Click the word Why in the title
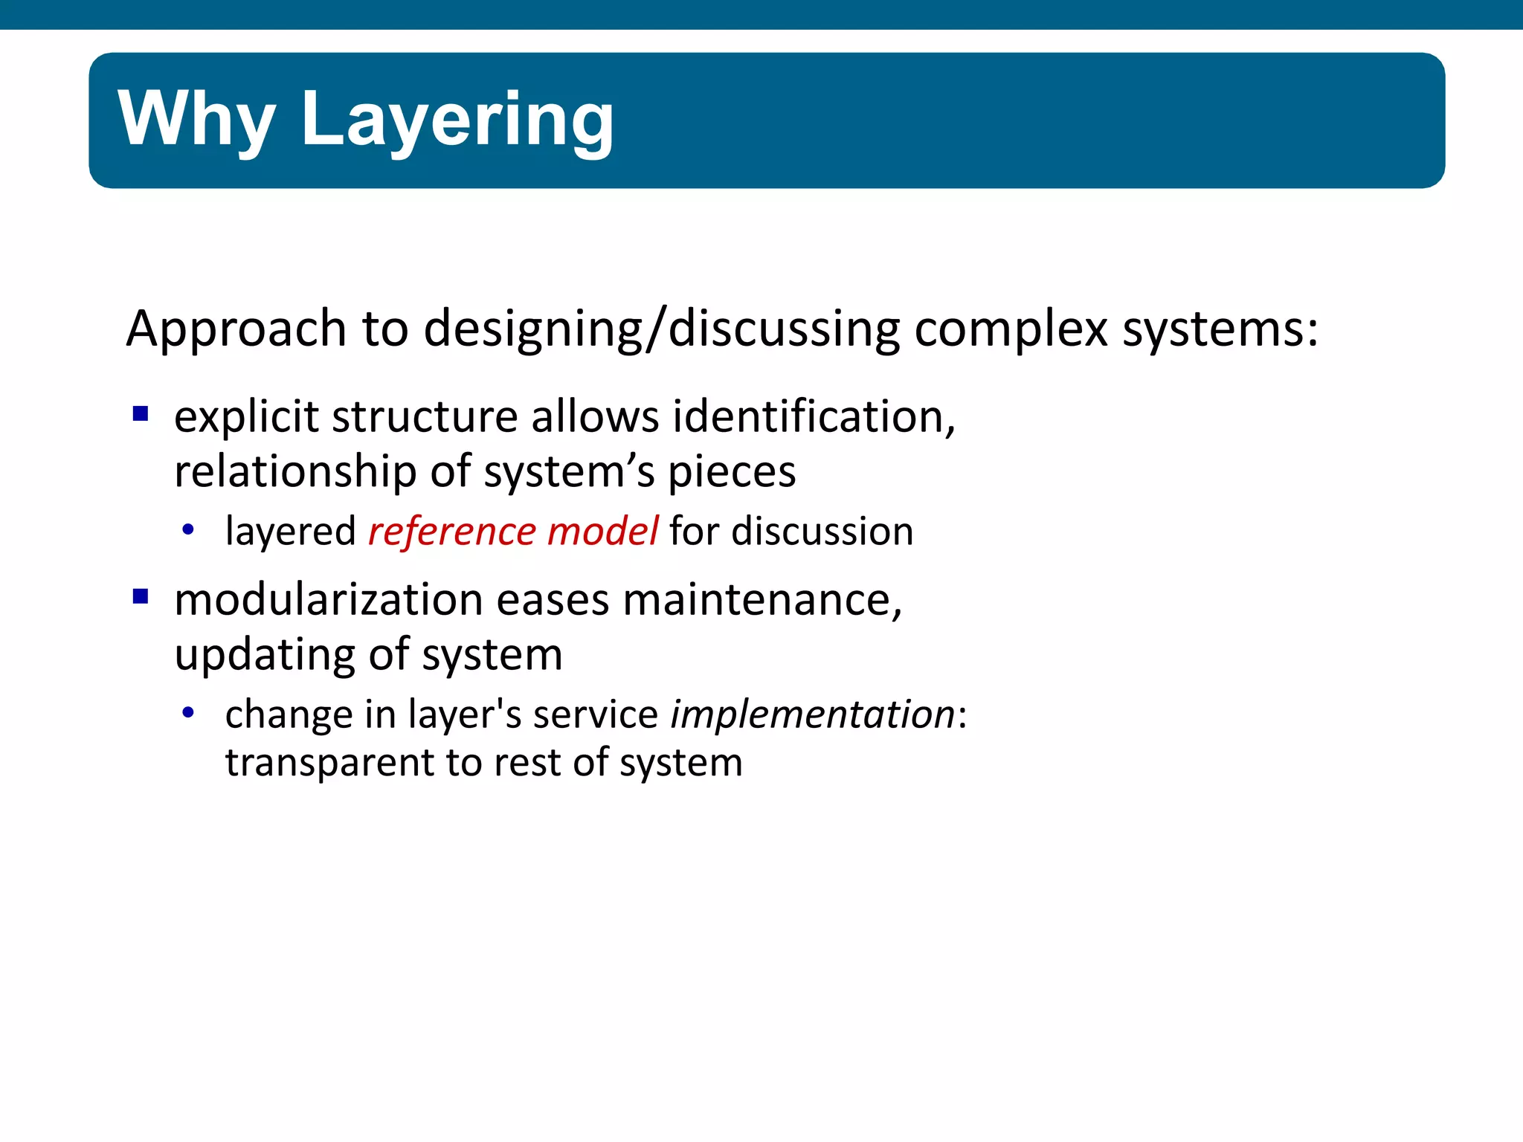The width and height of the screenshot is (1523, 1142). [x=196, y=119]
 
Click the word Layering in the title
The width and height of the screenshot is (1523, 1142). [x=457, y=119]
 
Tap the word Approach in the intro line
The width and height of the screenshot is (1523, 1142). [x=236, y=329]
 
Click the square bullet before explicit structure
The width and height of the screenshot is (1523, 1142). [x=141, y=413]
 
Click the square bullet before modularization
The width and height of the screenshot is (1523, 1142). [x=141, y=596]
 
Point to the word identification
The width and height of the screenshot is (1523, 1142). [x=814, y=416]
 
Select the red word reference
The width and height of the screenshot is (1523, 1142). [x=452, y=532]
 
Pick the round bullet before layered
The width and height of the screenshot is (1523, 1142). [x=188, y=530]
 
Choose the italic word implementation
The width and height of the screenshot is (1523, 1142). [x=812, y=715]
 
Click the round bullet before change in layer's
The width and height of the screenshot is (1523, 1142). [x=188, y=713]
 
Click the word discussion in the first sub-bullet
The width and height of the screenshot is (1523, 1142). [x=822, y=532]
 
